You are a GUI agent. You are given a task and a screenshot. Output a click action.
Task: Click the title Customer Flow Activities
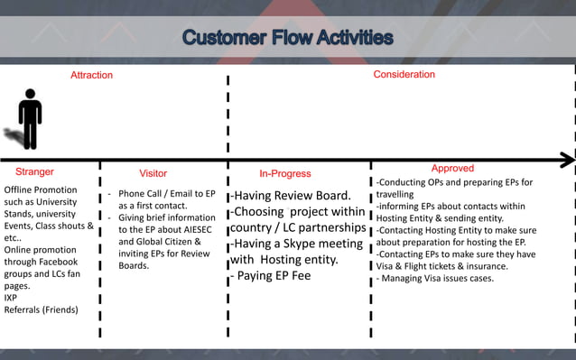(x=287, y=38)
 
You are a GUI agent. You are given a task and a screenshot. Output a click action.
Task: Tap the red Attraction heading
(x=91, y=76)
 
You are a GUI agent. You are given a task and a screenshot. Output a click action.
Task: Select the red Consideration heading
(x=404, y=75)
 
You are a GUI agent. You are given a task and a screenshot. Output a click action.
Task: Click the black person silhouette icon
(x=31, y=118)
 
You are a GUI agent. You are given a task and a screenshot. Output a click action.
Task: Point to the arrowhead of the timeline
(x=567, y=160)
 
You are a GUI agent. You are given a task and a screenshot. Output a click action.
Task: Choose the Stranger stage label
(x=34, y=171)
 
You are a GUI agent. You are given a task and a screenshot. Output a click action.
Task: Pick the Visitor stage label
(x=153, y=173)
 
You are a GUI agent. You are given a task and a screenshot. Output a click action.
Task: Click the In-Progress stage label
(x=284, y=173)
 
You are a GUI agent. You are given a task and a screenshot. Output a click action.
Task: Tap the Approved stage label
(x=452, y=169)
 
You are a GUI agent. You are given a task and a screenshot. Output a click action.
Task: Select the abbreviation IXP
(x=12, y=297)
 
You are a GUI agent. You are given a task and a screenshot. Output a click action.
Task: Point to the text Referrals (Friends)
(x=41, y=309)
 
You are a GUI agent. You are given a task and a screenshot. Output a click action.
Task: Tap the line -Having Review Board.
(x=290, y=195)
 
